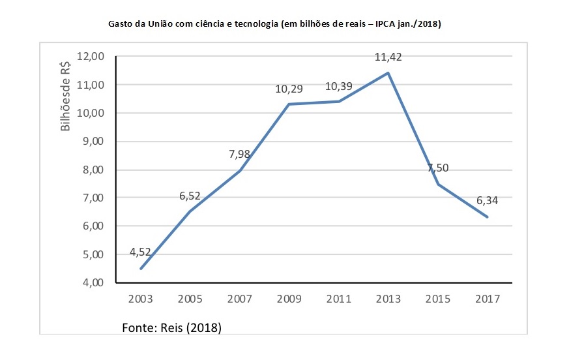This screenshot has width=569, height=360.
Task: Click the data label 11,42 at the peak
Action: click(388, 57)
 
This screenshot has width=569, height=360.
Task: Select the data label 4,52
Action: click(141, 251)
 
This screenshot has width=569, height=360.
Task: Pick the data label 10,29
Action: click(289, 88)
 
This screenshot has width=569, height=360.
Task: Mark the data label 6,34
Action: click(488, 200)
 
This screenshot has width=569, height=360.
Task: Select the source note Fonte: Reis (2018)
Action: click(172, 327)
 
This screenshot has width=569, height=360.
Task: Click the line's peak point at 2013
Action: click(388, 72)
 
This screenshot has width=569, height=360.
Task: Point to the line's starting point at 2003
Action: click(141, 268)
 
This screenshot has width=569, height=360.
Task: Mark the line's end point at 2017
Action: click(488, 217)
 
